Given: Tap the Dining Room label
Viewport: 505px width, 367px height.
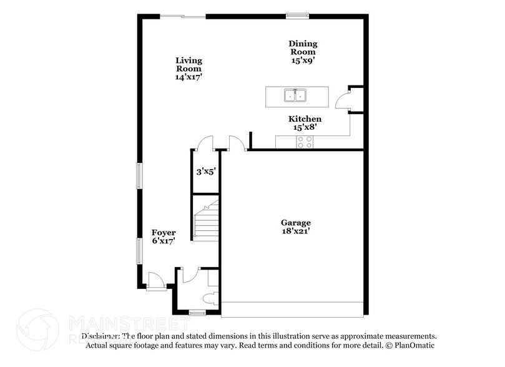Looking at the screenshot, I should click(x=303, y=52).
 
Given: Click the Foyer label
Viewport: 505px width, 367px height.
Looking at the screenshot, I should click(x=164, y=237).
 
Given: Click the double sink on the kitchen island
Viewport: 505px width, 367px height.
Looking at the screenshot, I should click(x=295, y=95).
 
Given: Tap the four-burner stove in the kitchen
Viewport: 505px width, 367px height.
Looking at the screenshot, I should click(x=305, y=143).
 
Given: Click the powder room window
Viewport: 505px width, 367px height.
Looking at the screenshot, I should click(x=197, y=311).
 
